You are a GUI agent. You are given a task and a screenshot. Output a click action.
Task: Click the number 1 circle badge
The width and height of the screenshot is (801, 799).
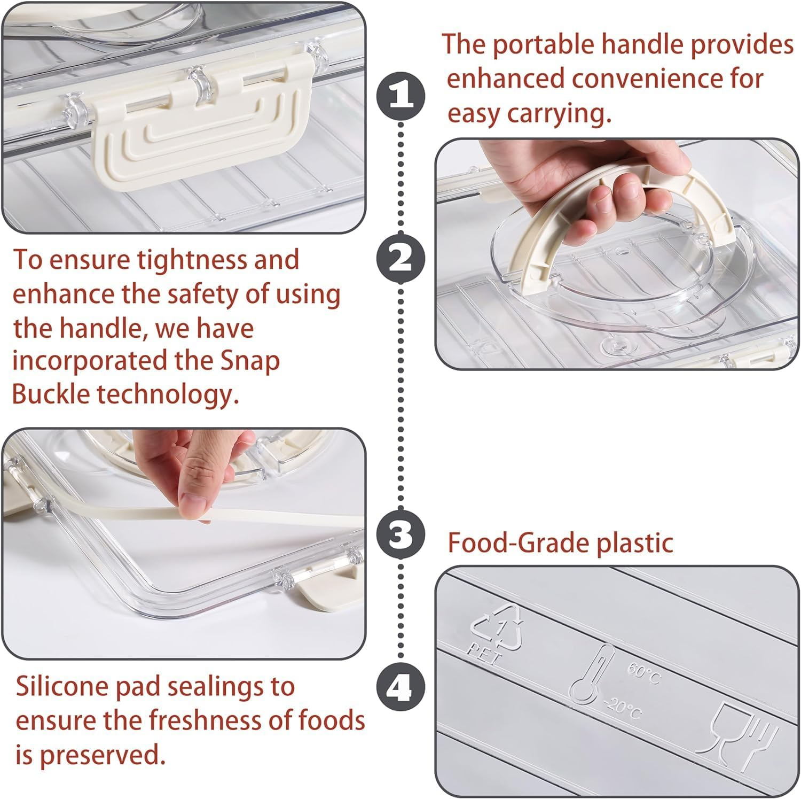[x=401, y=96]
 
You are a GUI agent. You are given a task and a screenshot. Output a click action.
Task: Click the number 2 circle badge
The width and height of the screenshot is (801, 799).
[x=401, y=260]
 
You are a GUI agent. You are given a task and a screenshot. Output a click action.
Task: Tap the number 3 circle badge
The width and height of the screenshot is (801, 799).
[x=401, y=534]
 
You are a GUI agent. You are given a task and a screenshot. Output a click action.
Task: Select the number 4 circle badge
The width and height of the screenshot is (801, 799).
[x=401, y=687]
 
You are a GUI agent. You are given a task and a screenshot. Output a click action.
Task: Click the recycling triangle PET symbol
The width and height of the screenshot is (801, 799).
[x=496, y=634]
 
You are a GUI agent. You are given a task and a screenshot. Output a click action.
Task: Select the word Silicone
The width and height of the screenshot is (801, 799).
[x=63, y=687]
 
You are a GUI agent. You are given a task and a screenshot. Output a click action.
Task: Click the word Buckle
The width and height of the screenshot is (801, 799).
[x=51, y=394]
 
